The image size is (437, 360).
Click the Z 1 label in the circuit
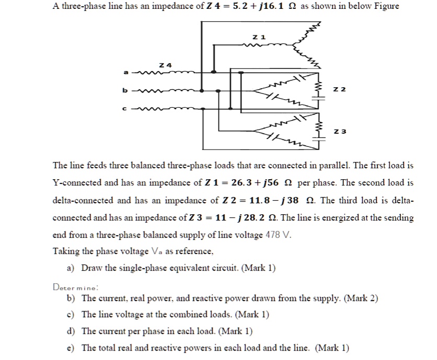(x=259, y=37)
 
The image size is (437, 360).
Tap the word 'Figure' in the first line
(x=384, y=6)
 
